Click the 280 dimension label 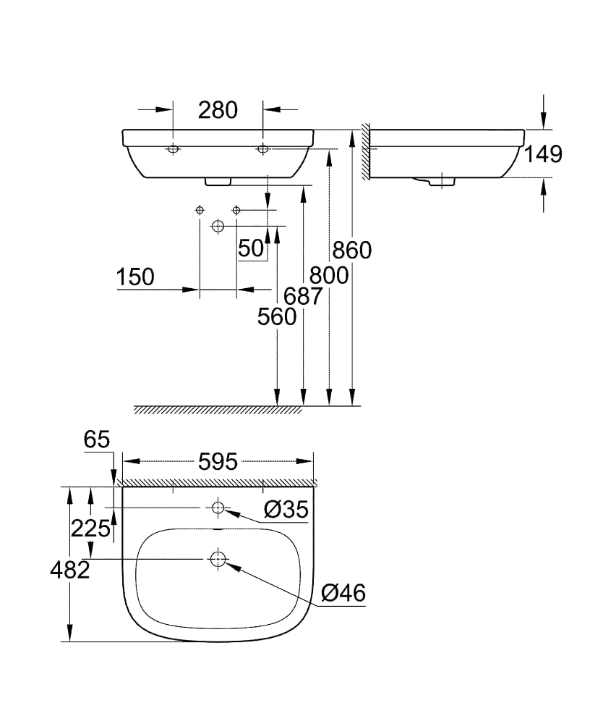(x=218, y=110)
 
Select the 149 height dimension (x=542, y=153)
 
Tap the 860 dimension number (x=351, y=250)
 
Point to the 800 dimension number (x=329, y=275)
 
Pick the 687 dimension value (x=303, y=295)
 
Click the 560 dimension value (x=277, y=316)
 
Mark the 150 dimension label (x=135, y=277)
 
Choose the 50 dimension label (x=251, y=248)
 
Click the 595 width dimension (x=218, y=462)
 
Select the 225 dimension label (x=90, y=529)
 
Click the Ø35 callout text (x=286, y=510)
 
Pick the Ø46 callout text (x=343, y=593)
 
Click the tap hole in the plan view (x=218, y=508)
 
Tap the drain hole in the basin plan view (x=218, y=558)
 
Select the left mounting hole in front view (x=173, y=149)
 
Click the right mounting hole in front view (x=262, y=149)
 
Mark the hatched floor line (x=217, y=411)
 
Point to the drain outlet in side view (x=435, y=182)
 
